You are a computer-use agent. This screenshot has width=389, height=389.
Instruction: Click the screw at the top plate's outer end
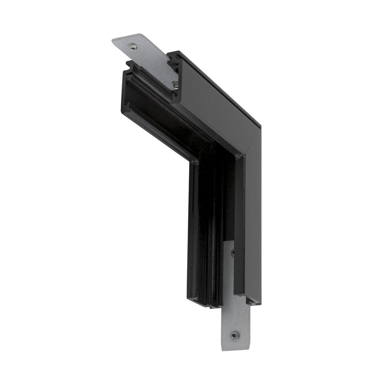point(132,47)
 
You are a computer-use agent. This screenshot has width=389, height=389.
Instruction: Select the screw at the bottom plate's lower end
point(235,335)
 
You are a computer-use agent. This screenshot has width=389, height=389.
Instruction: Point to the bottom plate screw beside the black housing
point(232,252)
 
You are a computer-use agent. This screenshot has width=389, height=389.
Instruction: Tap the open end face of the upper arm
point(146,97)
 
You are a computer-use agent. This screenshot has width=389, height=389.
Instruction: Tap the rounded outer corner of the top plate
point(115,42)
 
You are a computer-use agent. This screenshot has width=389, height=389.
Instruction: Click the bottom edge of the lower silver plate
point(235,349)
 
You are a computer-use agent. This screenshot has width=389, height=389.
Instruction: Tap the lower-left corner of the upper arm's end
point(126,116)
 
